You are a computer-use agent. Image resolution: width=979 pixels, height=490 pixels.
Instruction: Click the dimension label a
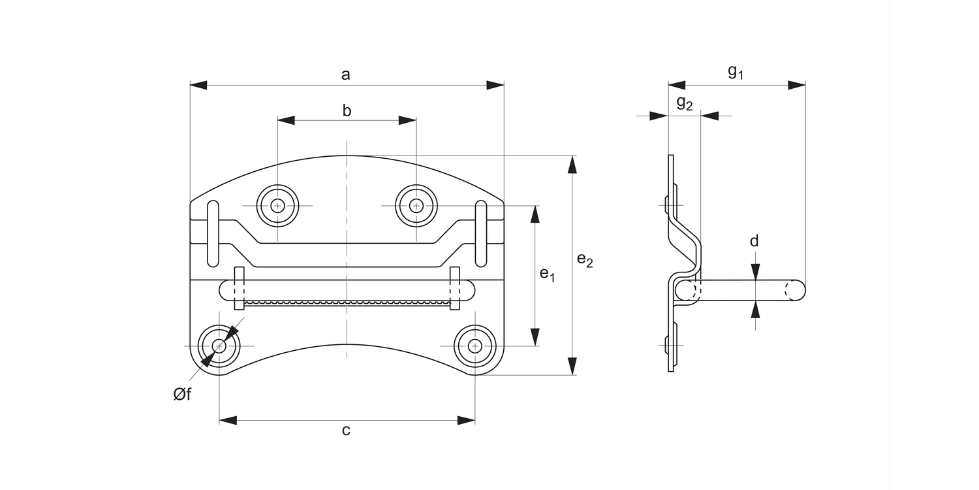coord(346,74)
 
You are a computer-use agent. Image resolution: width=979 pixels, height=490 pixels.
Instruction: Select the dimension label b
coord(347,110)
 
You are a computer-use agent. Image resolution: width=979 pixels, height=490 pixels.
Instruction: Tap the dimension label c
coord(346,430)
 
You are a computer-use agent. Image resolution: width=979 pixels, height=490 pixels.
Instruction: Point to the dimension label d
coord(754,241)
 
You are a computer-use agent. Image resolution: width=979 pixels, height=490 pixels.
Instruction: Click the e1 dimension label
coord(547,274)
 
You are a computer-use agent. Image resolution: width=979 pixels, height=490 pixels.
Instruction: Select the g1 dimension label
coord(736,72)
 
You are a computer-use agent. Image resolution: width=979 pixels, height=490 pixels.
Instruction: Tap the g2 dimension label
coord(684,103)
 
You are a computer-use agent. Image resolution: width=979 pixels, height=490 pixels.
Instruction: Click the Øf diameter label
coord(182,395)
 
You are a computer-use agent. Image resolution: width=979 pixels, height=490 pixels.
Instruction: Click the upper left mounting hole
coord(277,206)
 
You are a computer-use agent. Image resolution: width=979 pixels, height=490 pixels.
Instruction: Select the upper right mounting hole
coord(416,206)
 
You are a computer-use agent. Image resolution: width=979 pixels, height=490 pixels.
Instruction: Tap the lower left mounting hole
coord(219,346)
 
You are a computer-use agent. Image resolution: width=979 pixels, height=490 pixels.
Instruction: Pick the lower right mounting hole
coord(475,346)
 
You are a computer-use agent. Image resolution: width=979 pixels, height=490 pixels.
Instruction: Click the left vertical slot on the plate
coord(213,234)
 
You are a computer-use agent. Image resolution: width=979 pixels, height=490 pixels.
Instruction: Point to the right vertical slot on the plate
coord(481,234)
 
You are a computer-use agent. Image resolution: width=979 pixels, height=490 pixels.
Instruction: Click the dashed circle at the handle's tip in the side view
coord(795,290)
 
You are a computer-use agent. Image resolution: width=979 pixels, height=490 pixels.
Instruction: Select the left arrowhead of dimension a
coord(198,85)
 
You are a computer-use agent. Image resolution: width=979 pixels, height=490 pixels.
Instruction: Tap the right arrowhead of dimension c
coord(466,420)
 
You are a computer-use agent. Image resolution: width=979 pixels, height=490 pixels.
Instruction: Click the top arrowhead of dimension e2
coord(572,165)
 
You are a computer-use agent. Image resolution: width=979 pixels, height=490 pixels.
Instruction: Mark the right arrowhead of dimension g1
coord(796,85)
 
